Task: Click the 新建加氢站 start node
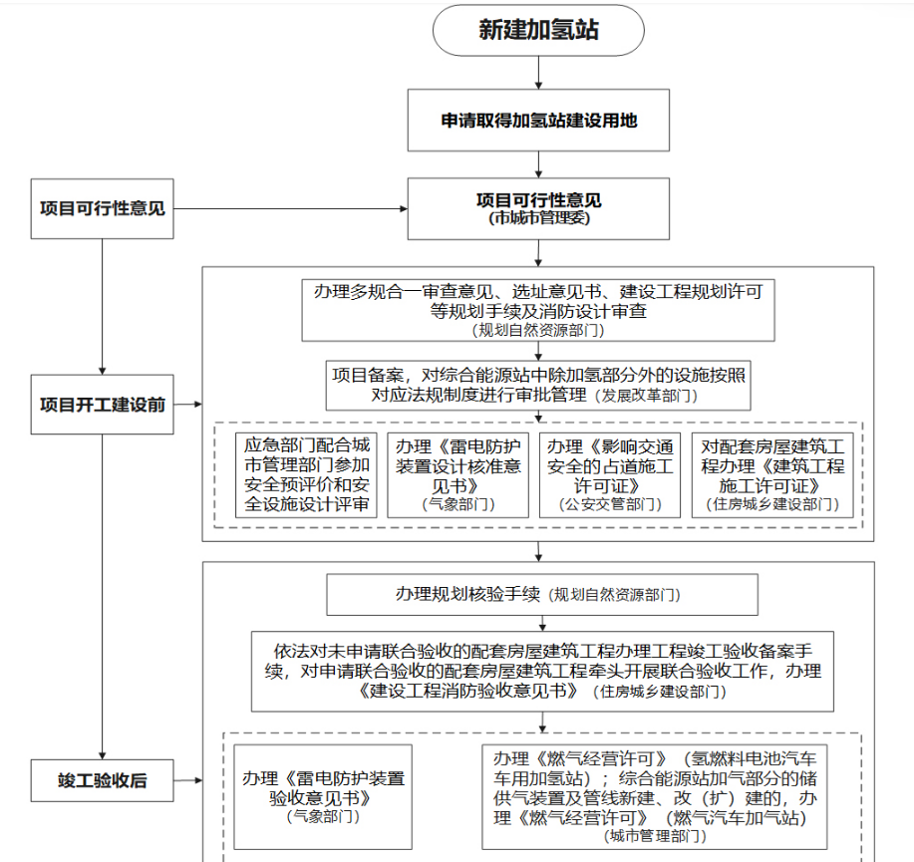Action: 538,30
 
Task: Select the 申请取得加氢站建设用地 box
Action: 538,121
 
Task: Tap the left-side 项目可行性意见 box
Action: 102,208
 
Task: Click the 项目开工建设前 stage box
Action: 102,405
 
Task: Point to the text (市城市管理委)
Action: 538,219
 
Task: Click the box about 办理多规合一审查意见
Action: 538,309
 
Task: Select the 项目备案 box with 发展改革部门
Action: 538,385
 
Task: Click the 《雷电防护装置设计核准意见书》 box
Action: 459,474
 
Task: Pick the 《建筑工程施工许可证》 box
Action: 772,474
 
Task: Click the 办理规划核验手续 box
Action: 538,595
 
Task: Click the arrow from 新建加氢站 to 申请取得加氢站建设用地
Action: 538,72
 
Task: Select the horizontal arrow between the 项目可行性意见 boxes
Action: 289,208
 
